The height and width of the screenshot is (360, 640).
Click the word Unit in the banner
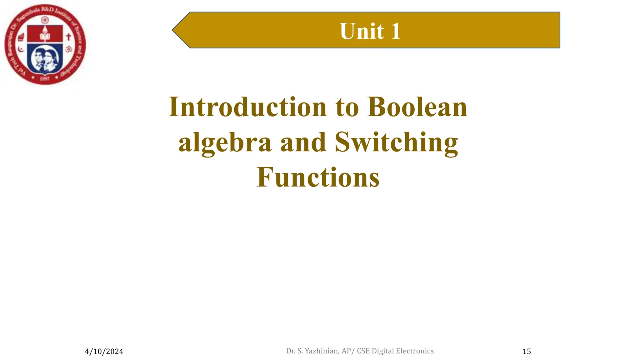point(362,31)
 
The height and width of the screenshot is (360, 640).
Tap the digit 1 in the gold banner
point(395,31)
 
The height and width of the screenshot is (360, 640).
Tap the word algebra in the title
point(225,142)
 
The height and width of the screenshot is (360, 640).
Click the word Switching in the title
point(396,142)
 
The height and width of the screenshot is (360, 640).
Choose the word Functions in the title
point(318,177)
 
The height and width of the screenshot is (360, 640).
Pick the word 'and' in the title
point(303,142)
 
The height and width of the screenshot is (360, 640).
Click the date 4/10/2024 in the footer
point(104,352)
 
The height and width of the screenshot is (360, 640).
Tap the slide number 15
point(527,352)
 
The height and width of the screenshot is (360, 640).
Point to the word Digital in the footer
point(383,351)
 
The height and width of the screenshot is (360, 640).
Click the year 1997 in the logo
point(45,79)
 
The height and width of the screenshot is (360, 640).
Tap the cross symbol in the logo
point(68,37)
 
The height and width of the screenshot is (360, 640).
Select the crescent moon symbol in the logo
point(21,49)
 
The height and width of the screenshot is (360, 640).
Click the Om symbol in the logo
point(69,49)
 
